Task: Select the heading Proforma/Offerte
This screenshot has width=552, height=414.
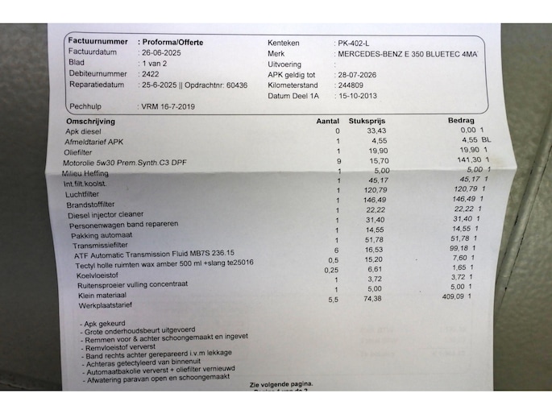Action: pos(171,41)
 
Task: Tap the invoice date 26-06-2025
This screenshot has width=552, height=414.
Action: pos(160,52)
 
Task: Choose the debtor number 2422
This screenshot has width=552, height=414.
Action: pos(149,72)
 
